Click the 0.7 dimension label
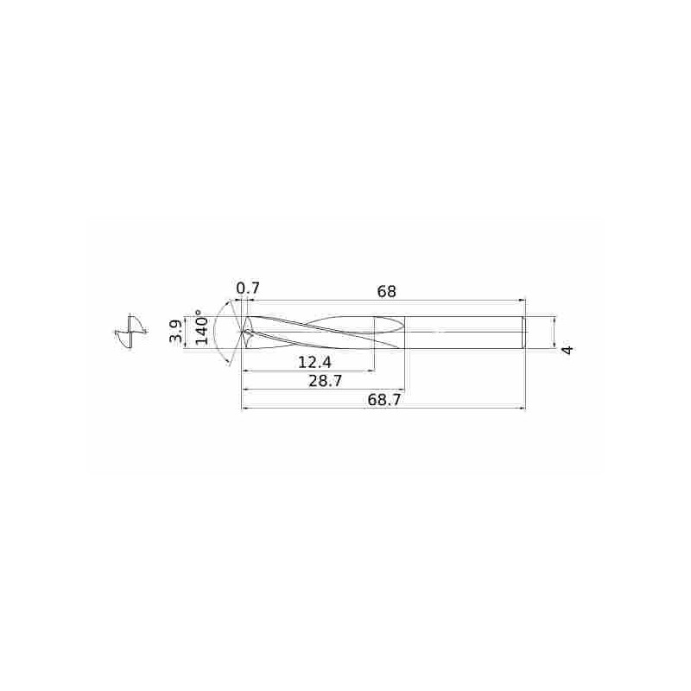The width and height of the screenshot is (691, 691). click(248, 288)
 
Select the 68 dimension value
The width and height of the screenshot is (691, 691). click(386, 291)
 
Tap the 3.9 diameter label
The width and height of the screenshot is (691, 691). click(176, 332)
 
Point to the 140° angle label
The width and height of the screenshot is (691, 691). click(200, 327)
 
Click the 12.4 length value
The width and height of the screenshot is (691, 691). click(314, 363)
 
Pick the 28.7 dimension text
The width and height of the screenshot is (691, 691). click(326, 381)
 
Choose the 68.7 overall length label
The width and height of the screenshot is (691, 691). click(384, 400)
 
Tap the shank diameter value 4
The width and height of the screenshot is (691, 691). click(568, 351)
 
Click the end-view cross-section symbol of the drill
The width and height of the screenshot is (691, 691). click(130, 332)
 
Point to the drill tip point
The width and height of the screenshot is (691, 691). click(243, 332)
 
